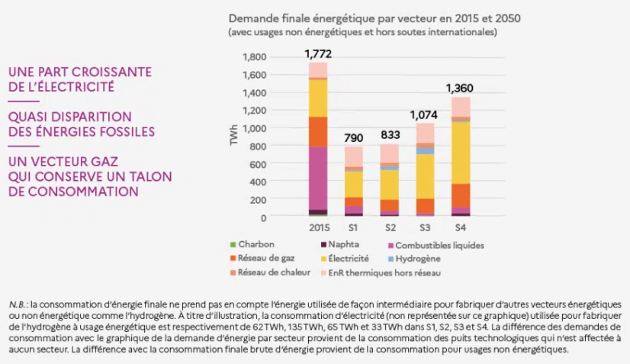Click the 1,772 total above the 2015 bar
(x=318, y=53)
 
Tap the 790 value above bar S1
(x=353, y=137)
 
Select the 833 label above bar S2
(x=389, y=134)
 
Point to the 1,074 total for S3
(x=424, y=114)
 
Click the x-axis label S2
(x=390, y=227)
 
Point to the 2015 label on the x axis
(x=318, y=227)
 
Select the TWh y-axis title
(x=234, y=137)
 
